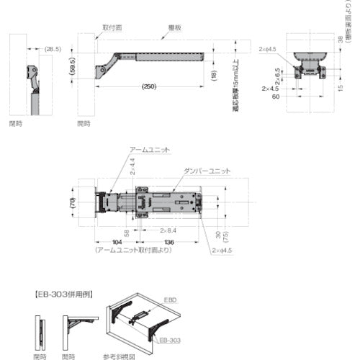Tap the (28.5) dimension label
click(x=53, y=49)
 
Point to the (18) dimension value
click(x=215, y=75)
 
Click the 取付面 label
click(x=112, y=27)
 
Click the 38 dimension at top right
click(x=341, y=42)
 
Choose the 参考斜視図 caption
click(x=118, y=356)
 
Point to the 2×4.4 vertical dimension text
click(x=132, y=168)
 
